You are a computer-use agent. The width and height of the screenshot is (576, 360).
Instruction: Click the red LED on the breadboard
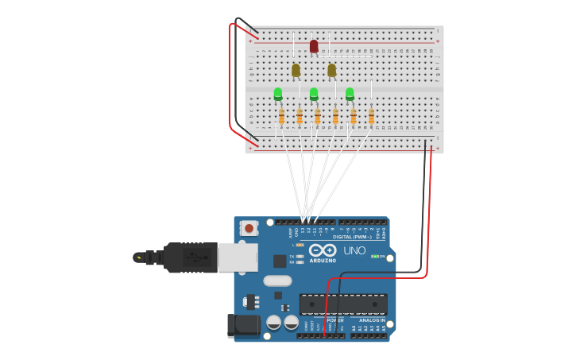(314, 46)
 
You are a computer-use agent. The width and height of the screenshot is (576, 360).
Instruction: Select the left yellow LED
(296, 70)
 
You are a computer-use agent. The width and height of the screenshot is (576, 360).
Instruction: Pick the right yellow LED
(331, 70)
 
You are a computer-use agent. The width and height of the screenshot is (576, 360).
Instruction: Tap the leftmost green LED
(278, 94)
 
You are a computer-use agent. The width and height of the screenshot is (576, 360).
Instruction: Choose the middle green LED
(314, 94)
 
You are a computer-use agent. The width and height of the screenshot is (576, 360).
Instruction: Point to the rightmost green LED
(350, 94)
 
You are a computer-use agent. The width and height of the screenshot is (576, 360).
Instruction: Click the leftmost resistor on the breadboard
(281, 117)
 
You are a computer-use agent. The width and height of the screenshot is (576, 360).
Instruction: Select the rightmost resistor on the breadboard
(371, 117)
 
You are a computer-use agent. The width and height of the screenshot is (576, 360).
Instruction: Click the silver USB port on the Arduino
(238, 257)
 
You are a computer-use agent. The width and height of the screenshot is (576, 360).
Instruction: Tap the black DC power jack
(243, 324)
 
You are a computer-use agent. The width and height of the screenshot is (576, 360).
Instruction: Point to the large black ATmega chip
(343, 304)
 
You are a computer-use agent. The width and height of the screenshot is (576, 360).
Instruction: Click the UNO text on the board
(354, 251)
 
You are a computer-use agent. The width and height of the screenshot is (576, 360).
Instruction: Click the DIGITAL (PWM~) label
(353, 237)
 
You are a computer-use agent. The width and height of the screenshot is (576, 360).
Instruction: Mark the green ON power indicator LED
(374, 257)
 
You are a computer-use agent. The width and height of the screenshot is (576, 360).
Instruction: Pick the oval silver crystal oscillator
(277, 281)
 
